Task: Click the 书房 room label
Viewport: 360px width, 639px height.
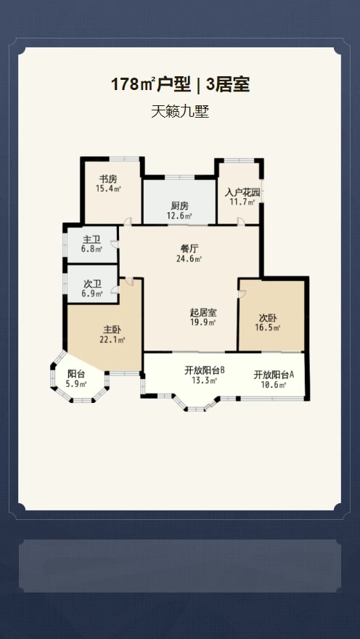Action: [x=108, y=179]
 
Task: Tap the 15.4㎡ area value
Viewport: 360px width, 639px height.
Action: [x=108, y=188]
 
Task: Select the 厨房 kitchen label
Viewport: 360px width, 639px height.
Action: [x=179, y=206]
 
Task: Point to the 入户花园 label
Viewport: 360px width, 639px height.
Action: [x=242, y=192]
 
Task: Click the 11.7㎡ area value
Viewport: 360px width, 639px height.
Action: [x=242, y=202]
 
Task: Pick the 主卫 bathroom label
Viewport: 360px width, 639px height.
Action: [x=91, y=240]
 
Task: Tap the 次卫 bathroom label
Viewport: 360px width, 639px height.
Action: [x=91, y=284]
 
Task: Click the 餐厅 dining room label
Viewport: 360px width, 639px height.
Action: [x=189, y=248]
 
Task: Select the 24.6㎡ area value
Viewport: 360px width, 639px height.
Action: [x=189, y=259]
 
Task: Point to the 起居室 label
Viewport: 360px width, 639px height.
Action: [x=203, y=312]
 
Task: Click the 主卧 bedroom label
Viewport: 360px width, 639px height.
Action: [x=112, y=329]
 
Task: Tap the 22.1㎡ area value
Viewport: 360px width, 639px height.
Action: [x=112, y=340]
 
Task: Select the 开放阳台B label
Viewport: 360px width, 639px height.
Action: [x=205, y=370]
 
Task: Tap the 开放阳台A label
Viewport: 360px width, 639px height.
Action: [x=274, y=375]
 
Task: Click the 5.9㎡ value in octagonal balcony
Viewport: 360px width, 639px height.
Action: [x=76, y=383]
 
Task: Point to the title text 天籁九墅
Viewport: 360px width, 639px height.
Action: [x=180, y=112]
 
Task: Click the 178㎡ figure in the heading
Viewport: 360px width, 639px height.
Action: [x=132, y=85]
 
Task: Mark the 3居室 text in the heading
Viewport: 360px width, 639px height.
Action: [x=228, y=85]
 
